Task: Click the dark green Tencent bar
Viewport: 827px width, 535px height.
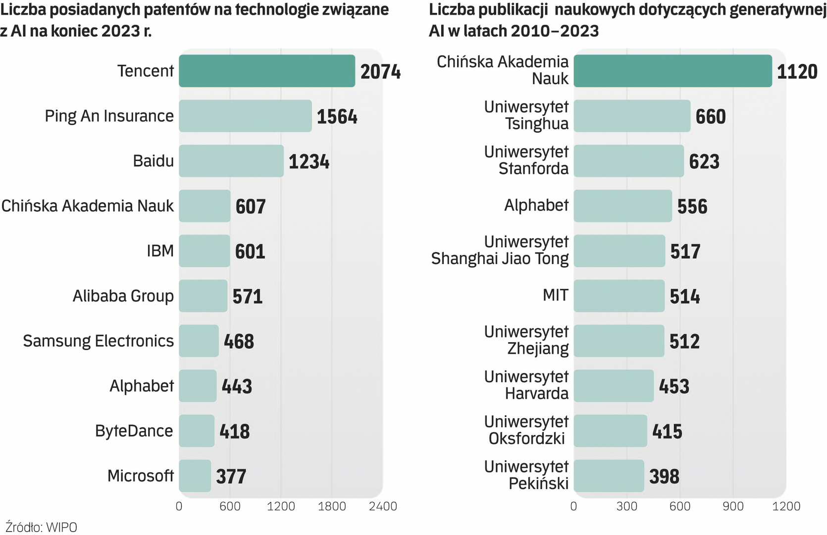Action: coord(267,71)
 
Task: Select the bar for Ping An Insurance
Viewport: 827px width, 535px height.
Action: coord(245,116)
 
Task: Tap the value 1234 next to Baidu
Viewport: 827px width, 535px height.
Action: coord(309,161)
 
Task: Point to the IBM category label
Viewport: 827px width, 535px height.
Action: coord(160,251)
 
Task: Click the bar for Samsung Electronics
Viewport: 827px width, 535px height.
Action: coord(199,341)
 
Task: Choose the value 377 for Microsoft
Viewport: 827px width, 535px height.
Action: coord(231,476)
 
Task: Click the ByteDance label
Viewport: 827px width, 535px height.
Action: coord(134,431)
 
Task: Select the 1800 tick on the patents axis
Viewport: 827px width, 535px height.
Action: coord(332,506)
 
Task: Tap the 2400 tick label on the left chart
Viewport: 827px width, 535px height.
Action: coord(383,506)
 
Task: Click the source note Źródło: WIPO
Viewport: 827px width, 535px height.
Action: coord(42,527)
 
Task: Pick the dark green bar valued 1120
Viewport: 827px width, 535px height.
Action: coord(672,71)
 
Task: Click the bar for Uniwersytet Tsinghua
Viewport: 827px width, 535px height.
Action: coord(632,116)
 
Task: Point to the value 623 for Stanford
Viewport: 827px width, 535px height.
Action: coord(704,161)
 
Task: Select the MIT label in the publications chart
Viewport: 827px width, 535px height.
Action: coord(555,295)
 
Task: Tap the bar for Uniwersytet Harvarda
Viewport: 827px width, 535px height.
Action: coord(614,386)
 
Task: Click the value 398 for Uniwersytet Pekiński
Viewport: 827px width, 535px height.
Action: coord(664,476)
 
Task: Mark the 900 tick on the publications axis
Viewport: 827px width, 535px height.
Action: coord(733,506)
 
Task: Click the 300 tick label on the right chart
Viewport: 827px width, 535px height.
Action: coord(627,506)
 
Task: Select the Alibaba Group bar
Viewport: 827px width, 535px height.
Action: coord(203,296)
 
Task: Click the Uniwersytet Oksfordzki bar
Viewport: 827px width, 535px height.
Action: coord(610,431)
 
